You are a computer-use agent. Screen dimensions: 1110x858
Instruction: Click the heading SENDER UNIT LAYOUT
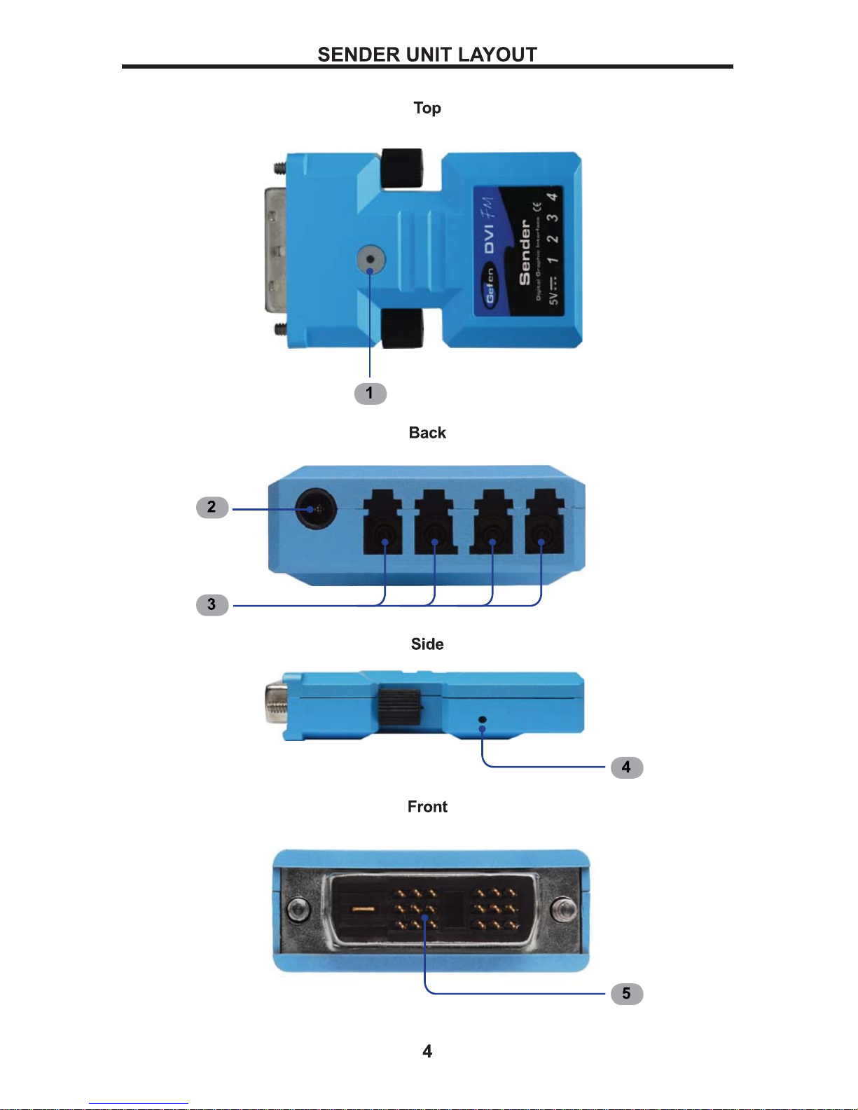(427, 55)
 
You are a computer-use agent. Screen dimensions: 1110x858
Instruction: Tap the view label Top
(427, 108)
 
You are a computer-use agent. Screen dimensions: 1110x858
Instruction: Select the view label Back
(427, 433)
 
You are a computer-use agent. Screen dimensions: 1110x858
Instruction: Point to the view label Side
(427, 644)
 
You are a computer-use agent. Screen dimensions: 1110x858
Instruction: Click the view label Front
(427, 807)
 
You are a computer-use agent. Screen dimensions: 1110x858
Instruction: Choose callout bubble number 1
(370, 394)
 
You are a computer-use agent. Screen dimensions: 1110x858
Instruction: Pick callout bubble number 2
(212, 507)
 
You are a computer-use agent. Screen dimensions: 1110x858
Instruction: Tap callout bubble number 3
(212, 604)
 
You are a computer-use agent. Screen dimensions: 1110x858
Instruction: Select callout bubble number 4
(626, 768)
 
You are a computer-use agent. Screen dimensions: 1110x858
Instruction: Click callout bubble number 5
(626, 994)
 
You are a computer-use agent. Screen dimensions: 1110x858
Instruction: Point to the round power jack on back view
(316, 509)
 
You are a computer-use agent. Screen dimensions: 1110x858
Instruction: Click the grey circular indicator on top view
(371, 260)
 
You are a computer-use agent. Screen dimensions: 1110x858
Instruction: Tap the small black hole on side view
(482, 719)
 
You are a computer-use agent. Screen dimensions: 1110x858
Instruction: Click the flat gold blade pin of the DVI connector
(364, 909)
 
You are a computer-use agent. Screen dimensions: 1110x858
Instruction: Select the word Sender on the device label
(525, 252)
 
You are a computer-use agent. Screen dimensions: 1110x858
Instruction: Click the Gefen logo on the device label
(490, 286)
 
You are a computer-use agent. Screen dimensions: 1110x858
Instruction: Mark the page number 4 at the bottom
(427, 1051)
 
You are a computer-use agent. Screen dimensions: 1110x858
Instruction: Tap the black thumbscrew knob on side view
(399, 709)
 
